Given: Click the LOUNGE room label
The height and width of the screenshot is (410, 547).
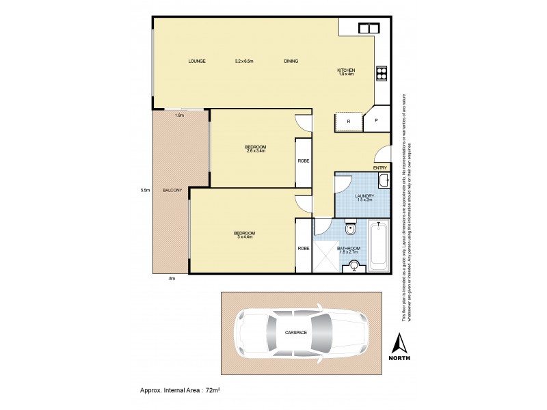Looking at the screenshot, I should point(198,61).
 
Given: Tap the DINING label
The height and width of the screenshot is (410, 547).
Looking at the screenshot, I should point(291,61).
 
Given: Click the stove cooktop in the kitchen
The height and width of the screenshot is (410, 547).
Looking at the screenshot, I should point(382,73).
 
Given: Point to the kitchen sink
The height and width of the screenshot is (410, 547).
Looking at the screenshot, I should point(369,27).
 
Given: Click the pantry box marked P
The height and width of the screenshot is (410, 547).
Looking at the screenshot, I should point(376,122).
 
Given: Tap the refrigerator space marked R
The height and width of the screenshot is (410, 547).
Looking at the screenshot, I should point(349,122).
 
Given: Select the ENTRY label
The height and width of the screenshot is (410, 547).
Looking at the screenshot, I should point(380,167).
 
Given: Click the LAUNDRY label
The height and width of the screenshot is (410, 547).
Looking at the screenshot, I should point(364,196).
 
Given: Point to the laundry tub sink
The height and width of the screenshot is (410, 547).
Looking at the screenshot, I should point(384,180).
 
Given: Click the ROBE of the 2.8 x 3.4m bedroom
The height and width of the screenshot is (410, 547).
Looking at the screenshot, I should point(304,161).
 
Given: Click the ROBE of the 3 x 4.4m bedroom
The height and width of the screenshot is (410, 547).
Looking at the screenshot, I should point(304,249).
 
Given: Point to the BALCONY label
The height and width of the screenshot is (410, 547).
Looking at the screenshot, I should point(172,190).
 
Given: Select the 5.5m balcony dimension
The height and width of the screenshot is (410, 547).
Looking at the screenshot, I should point(145,190).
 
